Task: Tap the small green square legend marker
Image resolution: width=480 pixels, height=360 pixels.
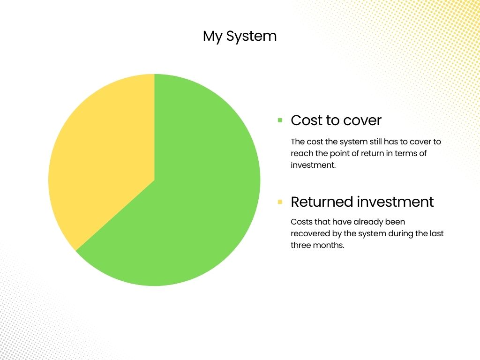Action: click(x=280, y=120)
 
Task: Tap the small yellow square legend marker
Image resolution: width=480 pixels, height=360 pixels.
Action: click(x=280, y=202)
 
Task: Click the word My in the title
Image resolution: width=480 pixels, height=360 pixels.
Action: click(x=212, y=37)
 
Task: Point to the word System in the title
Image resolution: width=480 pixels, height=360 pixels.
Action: click(x=251, y=37)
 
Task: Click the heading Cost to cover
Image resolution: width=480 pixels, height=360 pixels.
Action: click(x=336, y=120)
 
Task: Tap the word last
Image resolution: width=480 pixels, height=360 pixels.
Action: click(x=436, y=233)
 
